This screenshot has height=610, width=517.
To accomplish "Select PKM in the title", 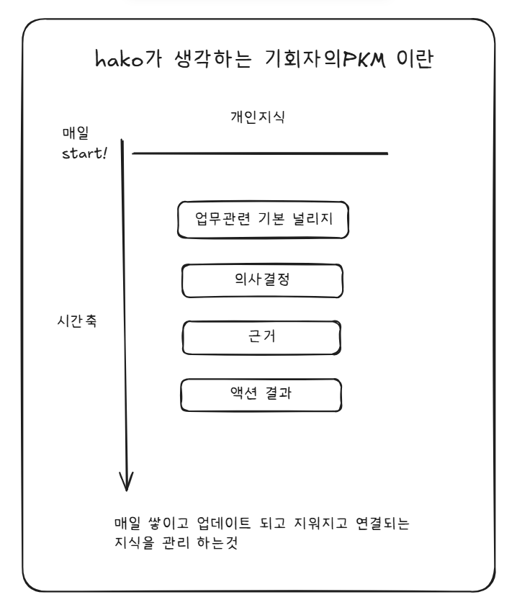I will click(367, 59).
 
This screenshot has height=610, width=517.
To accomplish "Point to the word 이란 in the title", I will click(415, 59).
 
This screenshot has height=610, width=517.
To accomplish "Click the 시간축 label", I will click(76, 320).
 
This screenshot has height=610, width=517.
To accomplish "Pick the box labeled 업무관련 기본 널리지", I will click(263, 220).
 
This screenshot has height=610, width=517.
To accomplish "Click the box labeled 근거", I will click(261, 337).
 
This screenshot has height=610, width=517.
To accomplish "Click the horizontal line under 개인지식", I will click(260, 153).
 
